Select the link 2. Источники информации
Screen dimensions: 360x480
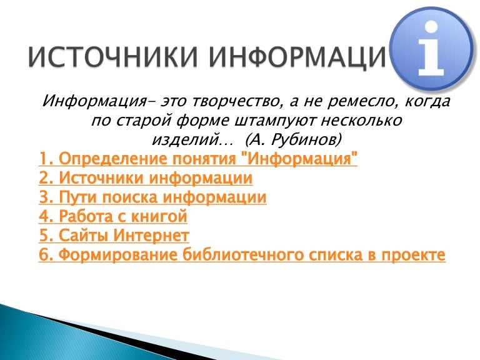[146, 179]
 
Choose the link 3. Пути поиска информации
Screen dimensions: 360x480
[152, 198]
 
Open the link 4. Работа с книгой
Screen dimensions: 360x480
[113, 217]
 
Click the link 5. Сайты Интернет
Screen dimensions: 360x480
[114, 236]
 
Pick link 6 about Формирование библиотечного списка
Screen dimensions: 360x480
[242, 256]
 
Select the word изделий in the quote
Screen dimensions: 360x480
[181, 137]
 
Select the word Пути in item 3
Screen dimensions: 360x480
[77, 198]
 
